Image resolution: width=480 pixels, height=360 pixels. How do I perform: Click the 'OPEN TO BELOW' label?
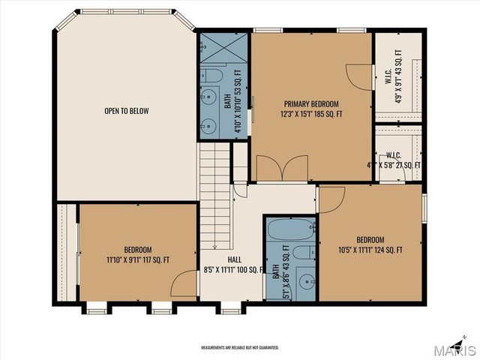pyautogui.click(x=126, y=111)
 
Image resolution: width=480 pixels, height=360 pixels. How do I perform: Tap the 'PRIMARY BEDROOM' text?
pyautogui.click(x=310, y=103)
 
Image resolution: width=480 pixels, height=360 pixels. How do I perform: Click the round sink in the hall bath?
pyautogui.click(x=304, y=282)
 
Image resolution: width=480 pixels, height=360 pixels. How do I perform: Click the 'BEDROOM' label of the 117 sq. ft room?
pyautogui.click(x=138, y=250)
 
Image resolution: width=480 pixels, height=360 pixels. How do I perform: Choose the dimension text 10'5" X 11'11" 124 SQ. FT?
pyautogui.click(x=370, y=250)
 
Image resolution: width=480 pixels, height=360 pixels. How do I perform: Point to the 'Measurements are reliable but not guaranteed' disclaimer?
pyautogui.click(x=239, y=348)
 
